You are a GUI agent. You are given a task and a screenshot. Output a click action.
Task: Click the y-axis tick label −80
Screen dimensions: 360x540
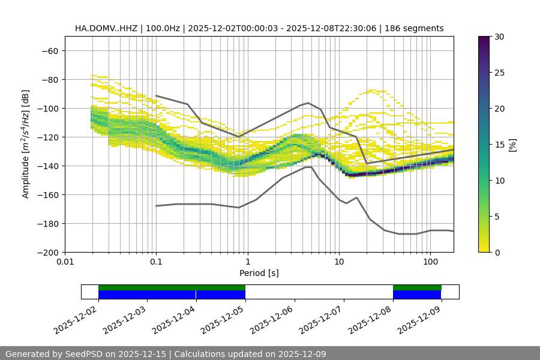click(49, 79)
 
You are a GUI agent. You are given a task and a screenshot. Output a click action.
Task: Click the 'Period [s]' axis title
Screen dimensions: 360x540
click(259, 273)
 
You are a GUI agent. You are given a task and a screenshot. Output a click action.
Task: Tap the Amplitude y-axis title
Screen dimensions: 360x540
click(26, 144)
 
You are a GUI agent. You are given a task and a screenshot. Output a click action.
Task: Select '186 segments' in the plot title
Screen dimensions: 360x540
click(414, 28)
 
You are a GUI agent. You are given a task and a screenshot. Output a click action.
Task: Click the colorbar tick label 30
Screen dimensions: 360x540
click(499, 37)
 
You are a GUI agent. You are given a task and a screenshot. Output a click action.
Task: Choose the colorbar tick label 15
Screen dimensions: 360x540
click(499, 145)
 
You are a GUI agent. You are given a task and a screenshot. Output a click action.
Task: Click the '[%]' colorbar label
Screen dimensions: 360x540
click(512, 145)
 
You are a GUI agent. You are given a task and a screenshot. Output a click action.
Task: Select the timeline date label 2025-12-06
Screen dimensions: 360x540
click(273, 318)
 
